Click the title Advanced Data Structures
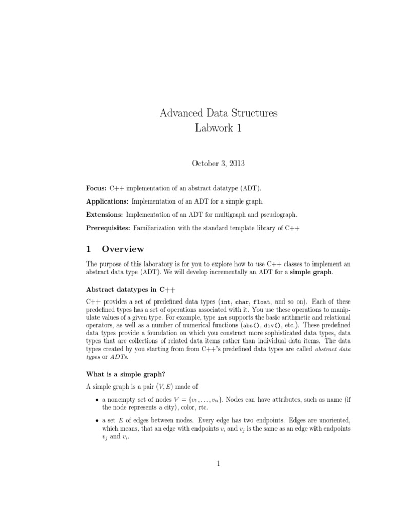218,113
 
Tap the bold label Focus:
96,188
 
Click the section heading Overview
123,249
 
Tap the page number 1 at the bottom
218,464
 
